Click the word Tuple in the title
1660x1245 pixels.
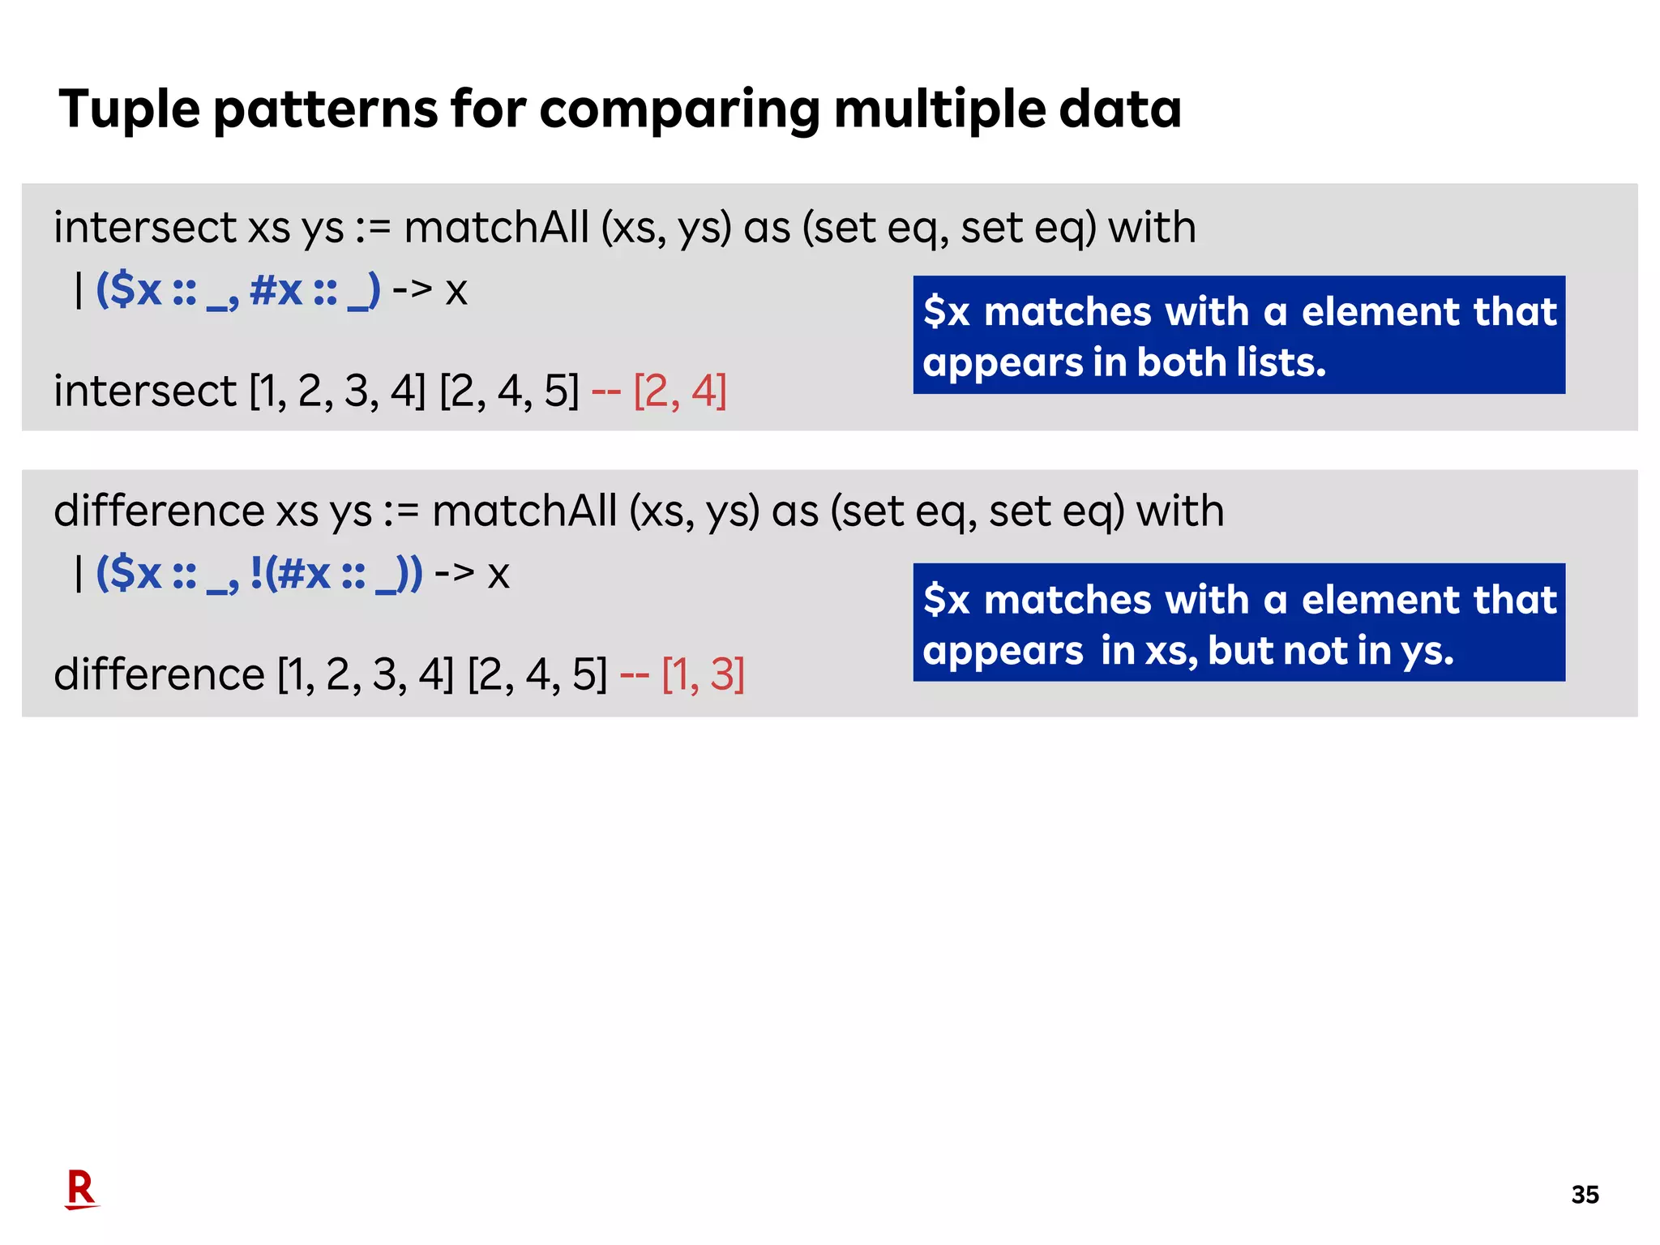pyautogui.click(x=129, y=109)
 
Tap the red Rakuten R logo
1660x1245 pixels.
pyautogui.click(x=81, y=1189)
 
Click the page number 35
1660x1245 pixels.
pyautogui.click(x=1585, y=1195)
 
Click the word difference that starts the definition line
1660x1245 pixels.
pyautogui.click(x=159, y=511)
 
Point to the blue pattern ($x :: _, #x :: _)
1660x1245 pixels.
pyautogui.click(x=237, y=290)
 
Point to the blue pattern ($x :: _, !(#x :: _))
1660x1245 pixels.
pyautogui.click(x=259, y=574)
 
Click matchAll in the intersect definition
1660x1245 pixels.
pyautogui.click(x=496, y=228)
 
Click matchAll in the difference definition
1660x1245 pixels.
pyautogui.click(x=524, y=511)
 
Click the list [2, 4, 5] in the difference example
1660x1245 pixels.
pyautogui.click(x=537, y=675)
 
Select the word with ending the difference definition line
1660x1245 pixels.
pyautogui.click(x=1179, y=511)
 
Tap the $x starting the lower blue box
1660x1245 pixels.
pyautogui.click(x=947, y=601)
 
